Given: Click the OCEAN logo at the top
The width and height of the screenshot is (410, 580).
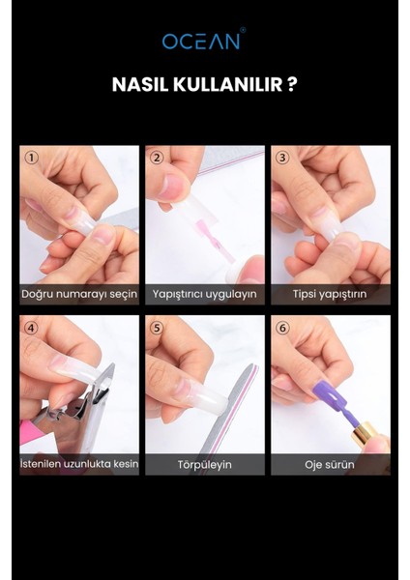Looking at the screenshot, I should click(204, 41).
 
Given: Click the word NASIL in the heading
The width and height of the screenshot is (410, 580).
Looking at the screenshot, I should click(142, 84).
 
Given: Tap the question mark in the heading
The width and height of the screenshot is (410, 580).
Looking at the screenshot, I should click(291, 84).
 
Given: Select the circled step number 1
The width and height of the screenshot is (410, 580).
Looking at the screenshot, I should click(31, 157).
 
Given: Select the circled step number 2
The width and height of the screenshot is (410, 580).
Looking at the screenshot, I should click(157, 157).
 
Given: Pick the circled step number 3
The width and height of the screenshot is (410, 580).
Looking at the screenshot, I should click(282, 157).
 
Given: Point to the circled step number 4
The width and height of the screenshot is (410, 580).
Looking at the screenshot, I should click(31, 327).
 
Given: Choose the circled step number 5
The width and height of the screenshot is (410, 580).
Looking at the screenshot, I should click(157, 327).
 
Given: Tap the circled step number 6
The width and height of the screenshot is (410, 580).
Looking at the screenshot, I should click(282, 327).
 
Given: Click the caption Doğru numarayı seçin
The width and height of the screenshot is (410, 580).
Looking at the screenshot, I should click(79, 294).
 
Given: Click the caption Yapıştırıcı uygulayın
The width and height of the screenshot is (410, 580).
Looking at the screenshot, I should click(204, 294).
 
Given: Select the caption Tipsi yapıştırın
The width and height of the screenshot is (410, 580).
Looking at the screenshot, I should click(330, 294).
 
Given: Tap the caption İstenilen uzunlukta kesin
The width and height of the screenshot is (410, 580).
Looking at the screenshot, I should click(79, 464).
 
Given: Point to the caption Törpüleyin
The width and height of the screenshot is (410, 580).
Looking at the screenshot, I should click(204, 464).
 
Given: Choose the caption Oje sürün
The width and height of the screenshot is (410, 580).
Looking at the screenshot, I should click(330, 464).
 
